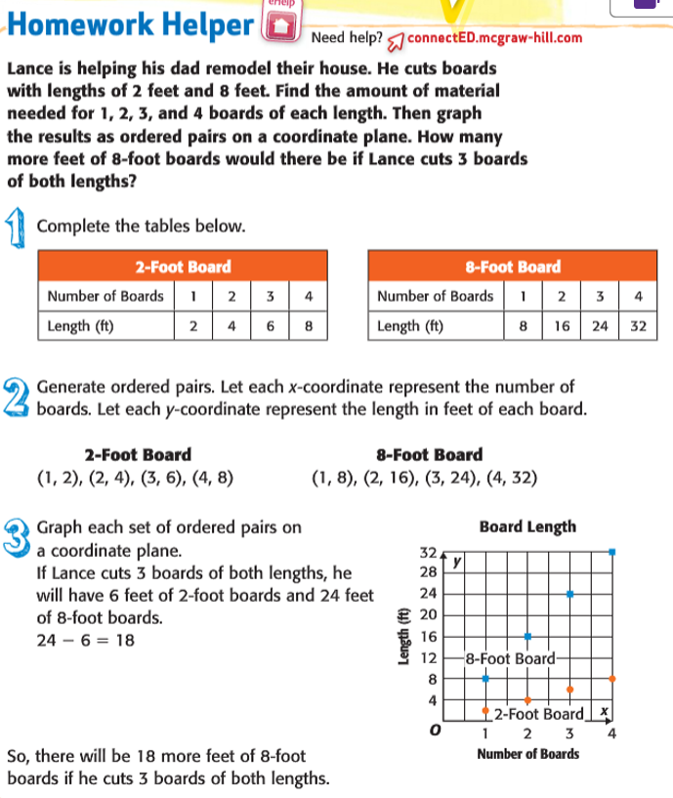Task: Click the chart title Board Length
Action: [528, 526]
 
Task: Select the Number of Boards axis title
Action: [527, 754]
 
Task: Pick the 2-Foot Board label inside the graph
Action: [539, 714]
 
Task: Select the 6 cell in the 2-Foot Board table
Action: [271, 325]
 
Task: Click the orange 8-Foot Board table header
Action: [513, 267]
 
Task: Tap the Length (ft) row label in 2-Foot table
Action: [80, 325]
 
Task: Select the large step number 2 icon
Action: [19, 397]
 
